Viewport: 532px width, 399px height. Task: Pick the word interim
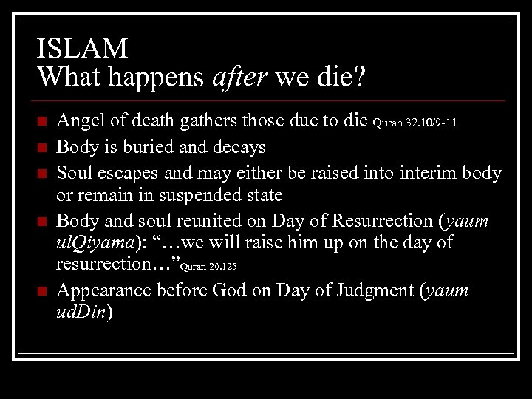427,172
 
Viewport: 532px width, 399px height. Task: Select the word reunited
207,221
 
